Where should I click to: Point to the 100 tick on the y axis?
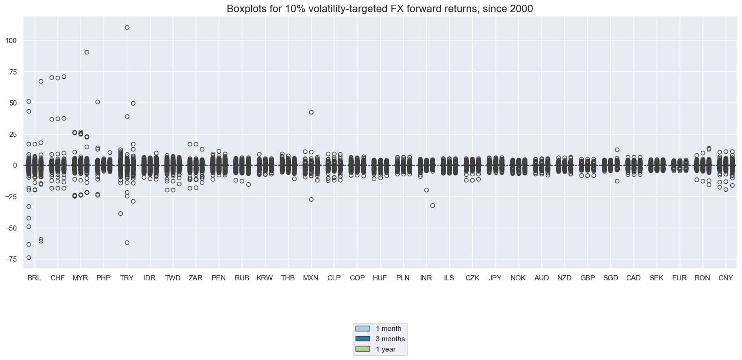[x=11, y=41]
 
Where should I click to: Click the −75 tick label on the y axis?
[x=10, y=259]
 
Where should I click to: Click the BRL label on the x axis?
[x=34, y=278]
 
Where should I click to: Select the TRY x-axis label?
[x=126, y=278]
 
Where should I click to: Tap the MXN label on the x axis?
[x=311, y=278]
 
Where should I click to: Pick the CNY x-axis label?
[x=726, y=278]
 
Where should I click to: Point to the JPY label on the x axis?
[x=495, y=278]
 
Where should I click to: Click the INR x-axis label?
[x=426, y=278]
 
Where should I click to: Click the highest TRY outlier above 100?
[x=127, y=27]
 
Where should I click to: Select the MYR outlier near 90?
[x=87, y=52]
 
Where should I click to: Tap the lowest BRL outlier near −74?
[x=29, y=257]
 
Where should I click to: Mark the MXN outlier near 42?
[x=311, y=112]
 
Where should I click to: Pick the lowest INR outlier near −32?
[x=432, y=205]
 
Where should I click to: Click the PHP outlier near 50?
[x=97, y=102]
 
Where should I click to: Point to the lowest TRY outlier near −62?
[x=127, y=242]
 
